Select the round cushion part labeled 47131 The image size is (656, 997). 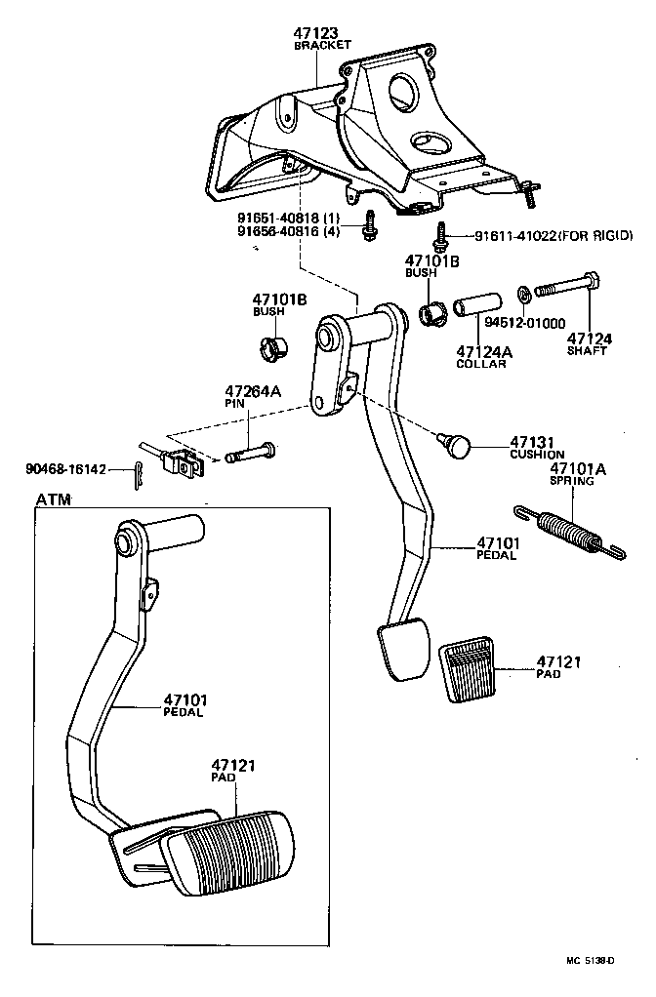(x=457, y=446)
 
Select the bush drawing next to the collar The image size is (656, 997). (x=430, y=314)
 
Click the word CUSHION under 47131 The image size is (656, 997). (x=537, y=455)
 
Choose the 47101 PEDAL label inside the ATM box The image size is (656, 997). (x=184, y=705)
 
